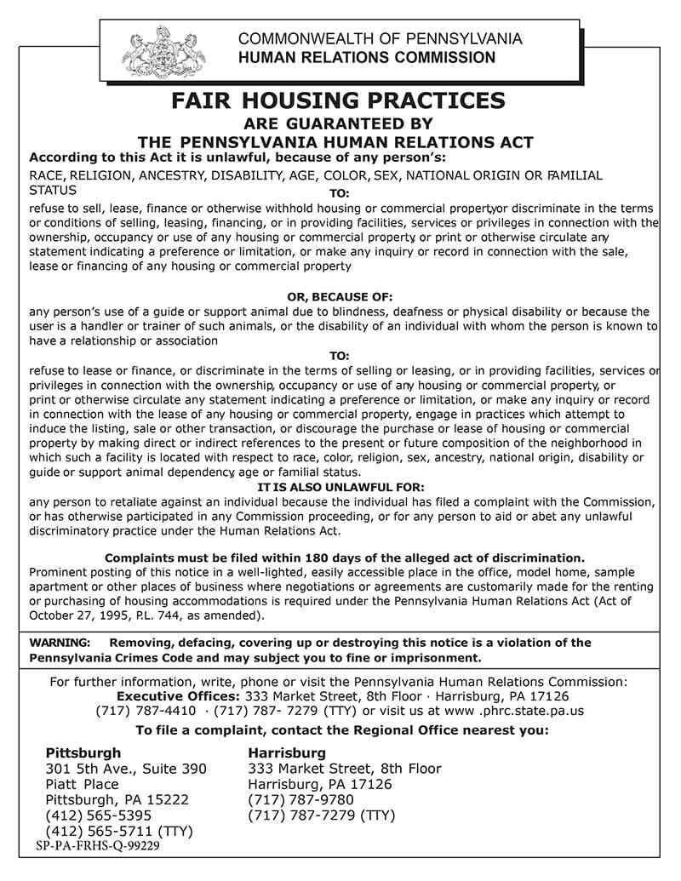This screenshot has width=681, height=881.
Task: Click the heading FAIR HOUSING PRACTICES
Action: click(x=339, y=101)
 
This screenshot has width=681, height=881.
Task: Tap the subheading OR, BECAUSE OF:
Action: click(x=340, y=297)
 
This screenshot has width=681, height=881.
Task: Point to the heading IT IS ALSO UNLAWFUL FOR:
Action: click(x=340, y=487)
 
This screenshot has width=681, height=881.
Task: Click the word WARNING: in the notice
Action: click(x=60, y=643)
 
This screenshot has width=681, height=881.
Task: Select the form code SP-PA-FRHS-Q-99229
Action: click(x=98, y=847)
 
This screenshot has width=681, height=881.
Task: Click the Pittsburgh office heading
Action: click(x=83, y=753)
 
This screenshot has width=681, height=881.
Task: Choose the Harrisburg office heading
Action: click(x=286, y=753)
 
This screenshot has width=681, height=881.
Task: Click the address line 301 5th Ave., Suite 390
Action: click(x=125, y=769)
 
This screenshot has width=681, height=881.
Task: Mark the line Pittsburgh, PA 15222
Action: click(x=117, y=800)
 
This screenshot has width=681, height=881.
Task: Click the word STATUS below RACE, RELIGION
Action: click(x=53, y=190)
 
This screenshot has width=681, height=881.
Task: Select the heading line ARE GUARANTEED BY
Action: click(x=339, y=123)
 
